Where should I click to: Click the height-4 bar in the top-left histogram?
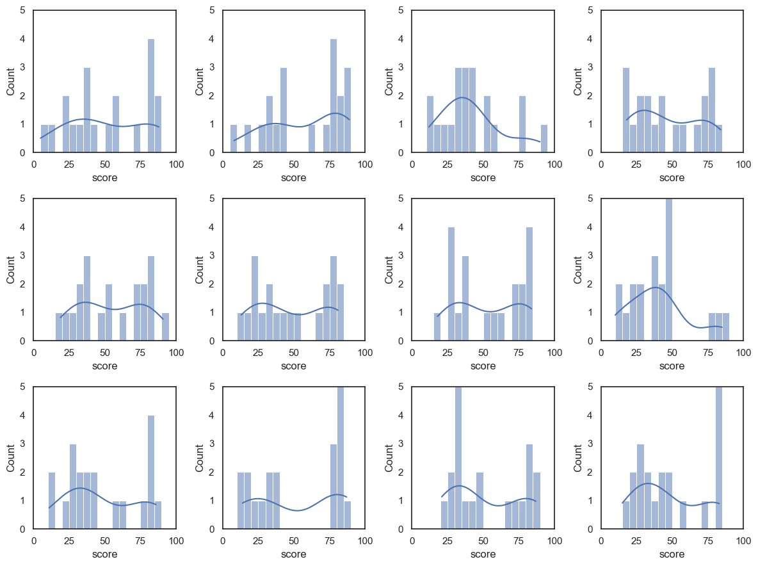pos(151,96)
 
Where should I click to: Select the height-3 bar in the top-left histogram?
pos(87,110)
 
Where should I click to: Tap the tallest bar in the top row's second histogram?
pos(334,96)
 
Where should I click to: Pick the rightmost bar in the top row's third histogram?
pos(544,138)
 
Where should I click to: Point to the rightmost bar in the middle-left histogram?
pos(165,327)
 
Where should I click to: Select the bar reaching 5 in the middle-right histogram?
pos(669,270)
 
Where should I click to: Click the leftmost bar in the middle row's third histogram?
pos(437,327)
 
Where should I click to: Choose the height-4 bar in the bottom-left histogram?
pos(151,473)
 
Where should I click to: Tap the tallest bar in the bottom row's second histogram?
pos(341,458)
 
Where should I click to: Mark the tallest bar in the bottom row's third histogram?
pos(458,458)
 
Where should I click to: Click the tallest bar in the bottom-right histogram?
pos(719,458)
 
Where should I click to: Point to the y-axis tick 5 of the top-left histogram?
pos(23,10)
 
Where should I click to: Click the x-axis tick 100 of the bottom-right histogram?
pos(743,541)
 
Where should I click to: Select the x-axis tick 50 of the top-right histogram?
pos(672,165)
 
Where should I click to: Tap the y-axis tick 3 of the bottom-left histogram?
pos(23,444)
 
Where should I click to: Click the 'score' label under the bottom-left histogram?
pos(105,554)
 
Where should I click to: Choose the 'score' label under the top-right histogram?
pos(672,177)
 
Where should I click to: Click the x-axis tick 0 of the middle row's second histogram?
pos(223,353)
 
